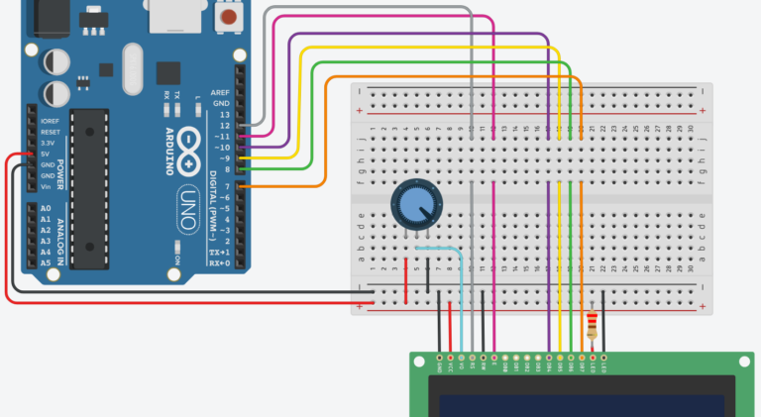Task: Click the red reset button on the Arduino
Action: click(230, 18)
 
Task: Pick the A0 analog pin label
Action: click(46, 209)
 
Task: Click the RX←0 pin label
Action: click(219, 262)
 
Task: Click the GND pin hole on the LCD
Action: click(439, 357)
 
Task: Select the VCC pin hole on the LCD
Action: click(451, 357)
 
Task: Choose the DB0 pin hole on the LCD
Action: click(505, 357)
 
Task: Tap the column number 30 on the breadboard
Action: click(691, 129)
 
